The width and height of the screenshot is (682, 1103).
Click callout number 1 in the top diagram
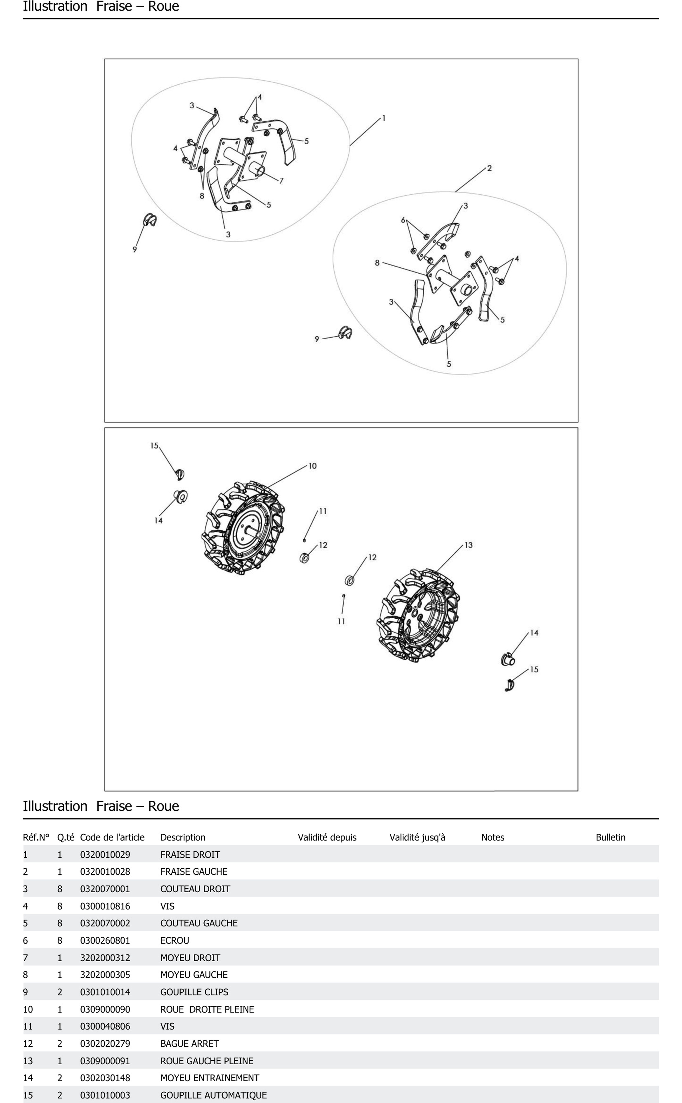[x=384, y=118]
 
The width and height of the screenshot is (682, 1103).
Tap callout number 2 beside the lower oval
[x=489, y=168]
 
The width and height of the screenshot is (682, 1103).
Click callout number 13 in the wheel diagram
[x=469, y=545]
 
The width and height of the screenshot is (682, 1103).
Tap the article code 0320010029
[x=105, y=854]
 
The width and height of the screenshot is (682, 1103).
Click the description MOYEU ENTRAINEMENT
[x=210, y=1078]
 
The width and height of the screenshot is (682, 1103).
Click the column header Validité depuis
[x=327, y=837]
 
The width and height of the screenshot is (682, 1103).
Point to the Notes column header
[x=493, y=837]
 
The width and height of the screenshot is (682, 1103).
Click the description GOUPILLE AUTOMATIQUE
[x=213, y=1095]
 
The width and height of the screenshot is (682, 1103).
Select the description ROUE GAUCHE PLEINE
[x=206, y=1060]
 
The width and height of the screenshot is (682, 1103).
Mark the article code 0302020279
[x=105, y=1043]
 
